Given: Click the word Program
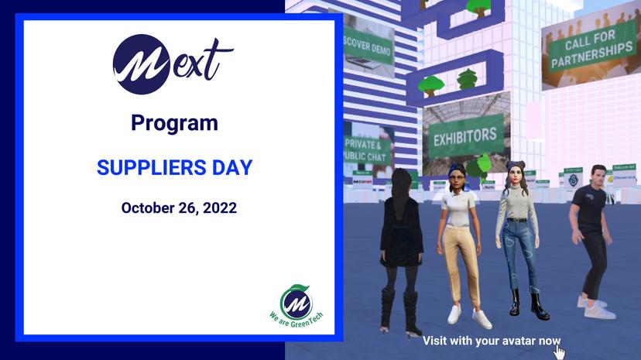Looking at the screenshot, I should (174, 123).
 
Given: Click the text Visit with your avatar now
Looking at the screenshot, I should (491, 341).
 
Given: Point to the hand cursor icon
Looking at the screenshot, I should (559, 352).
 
